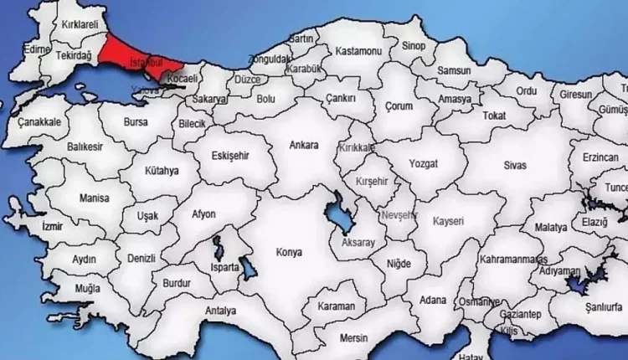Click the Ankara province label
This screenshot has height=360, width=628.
click(303, 146)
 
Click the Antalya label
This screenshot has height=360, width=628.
click(220, 311)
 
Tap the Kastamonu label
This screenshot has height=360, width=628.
click(358, 51)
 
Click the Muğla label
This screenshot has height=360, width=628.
click(87, 288)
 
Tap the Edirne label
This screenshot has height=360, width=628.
click(37, 49)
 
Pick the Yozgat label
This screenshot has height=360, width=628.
click(422, 165)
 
